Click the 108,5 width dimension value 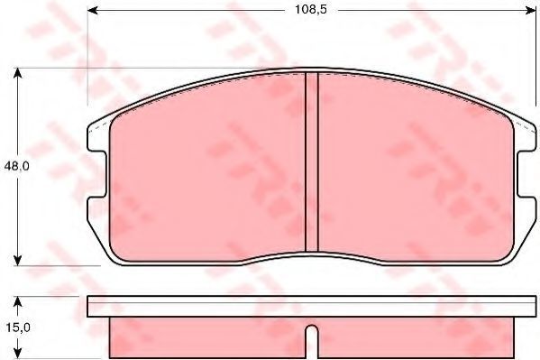pyautogui.click(x=310, y=10)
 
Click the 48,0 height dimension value pyautogui.click(x=16, y=166)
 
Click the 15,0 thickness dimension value pyautogui.click(x=17, y=328)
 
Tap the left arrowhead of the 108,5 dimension pyautogui.click(x=92, y=11)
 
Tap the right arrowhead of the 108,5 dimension pyautogui.click(x=531, y=11)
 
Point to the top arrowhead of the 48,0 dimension pyautogui.click(x=17, y=73)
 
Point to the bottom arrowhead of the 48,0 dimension pyautogui.click(x=17, y=261)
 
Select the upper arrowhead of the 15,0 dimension pyautogui.click(x=17, y=301)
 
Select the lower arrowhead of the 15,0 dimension pyautogui.click(x=17, y=353)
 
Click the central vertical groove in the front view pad pyautogui.click(x=312, y=162)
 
